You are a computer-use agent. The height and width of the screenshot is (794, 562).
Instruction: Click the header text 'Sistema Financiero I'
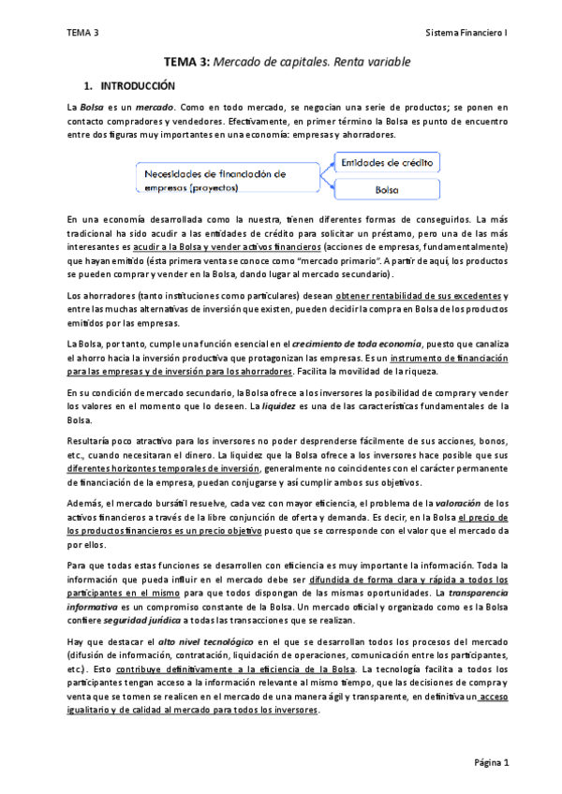click(466, 33)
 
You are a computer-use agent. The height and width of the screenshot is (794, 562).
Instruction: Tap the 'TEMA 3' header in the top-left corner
click(82, 33)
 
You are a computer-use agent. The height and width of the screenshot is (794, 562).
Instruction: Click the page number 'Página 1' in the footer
click(491, 763)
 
